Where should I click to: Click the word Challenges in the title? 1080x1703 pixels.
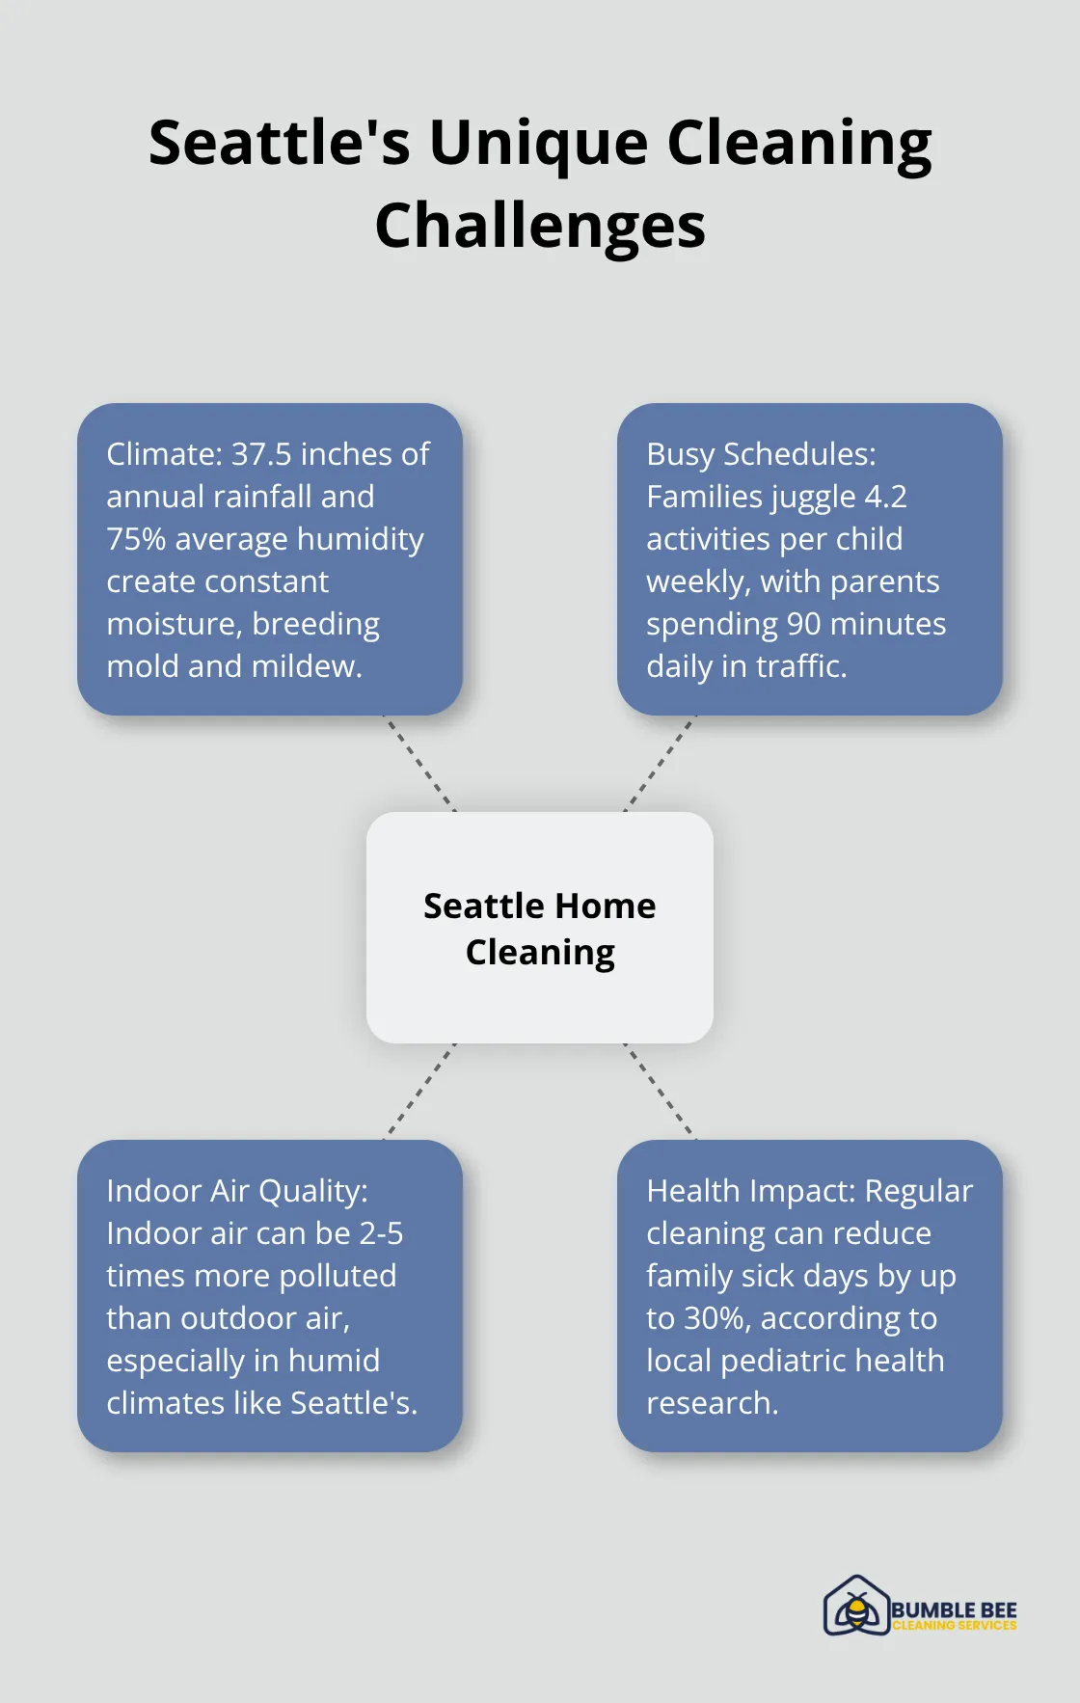[x=540, y=227]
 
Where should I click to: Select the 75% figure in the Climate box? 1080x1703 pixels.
[x=136, y=538]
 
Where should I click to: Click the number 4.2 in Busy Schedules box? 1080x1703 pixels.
[x=885, y=496]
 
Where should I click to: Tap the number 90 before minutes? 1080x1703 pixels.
[x=803, y=623]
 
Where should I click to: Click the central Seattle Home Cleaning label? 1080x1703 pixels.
[x=540, y=928]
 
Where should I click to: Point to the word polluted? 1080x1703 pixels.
[x=336, y=1276]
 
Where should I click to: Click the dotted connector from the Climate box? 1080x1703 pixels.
[x=419, y=763]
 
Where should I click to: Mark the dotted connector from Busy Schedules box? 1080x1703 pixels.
[x=661, y=763]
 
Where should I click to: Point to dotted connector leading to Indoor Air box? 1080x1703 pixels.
[x=419, y=1092]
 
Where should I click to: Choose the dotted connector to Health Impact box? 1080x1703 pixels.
[x=661, y=1092]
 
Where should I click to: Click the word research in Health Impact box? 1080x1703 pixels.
[x=712, y=1403]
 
